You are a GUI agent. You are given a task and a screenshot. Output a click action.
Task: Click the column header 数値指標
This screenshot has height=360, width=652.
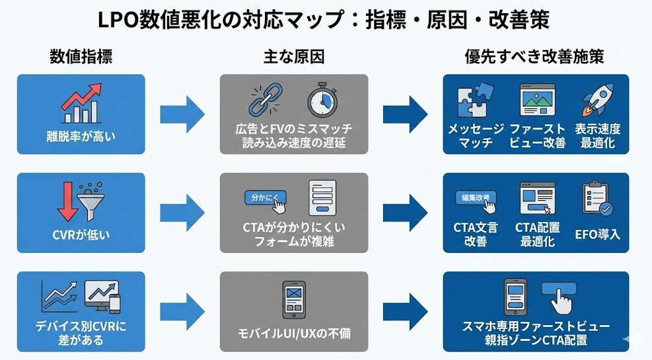coord(81,57)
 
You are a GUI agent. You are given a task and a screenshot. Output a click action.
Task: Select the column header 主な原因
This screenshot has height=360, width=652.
coord(293,57)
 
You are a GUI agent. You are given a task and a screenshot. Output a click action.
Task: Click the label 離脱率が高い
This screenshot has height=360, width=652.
coord(81,137)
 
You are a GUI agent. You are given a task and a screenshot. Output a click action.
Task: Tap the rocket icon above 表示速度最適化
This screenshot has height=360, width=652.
coord(597,100)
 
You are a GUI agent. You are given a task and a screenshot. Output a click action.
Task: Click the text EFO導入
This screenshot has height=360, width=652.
coord(597,234)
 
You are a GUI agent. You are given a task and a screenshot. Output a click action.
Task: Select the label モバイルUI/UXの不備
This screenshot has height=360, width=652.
coord(293,334)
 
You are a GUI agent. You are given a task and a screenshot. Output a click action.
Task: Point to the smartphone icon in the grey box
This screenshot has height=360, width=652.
coord(293,301)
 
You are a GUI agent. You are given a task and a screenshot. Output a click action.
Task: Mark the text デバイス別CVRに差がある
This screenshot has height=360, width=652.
coord(81,332)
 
